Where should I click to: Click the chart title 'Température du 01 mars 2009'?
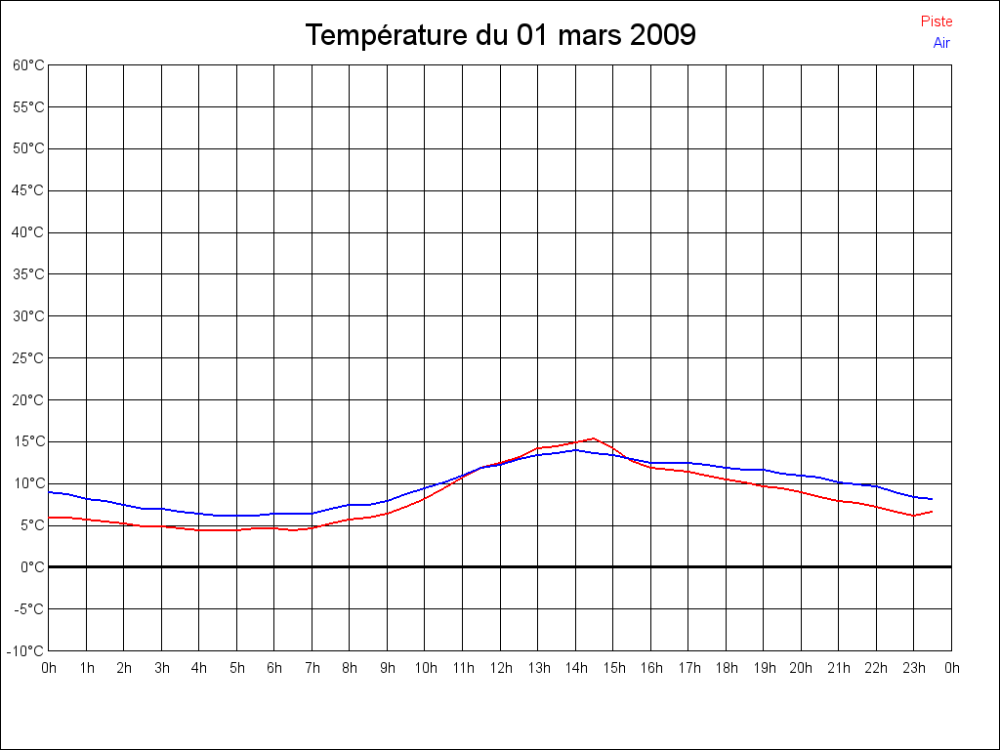[x=500, y=35]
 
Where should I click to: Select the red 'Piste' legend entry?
[x=937, y=21]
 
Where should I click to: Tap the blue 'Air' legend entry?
[x=941, y=43]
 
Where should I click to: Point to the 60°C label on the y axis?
[x=28, y=65]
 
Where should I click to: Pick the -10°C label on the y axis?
[x=27, y=650]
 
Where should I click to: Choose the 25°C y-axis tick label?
[x=28, y=358]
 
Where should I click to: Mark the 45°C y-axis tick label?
[x=28, y=190]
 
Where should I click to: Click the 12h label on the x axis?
[x=500, y=669]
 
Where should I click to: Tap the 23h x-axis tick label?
[x=914, y=669]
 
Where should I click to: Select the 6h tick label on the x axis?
[x=274, y=669]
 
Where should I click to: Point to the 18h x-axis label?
[x=727, y=669]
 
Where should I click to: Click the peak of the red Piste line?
[x=594, y=438]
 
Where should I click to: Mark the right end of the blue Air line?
[x=932, y=499]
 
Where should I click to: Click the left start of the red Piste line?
[x=50, y=518]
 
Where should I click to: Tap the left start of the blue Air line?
[x=50, y=492]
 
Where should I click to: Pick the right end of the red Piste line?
[x=932, y=511]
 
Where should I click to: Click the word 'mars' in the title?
[x=589, y=35]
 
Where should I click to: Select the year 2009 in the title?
[x=663, y=35]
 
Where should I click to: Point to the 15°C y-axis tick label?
[x=28, y=441]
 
